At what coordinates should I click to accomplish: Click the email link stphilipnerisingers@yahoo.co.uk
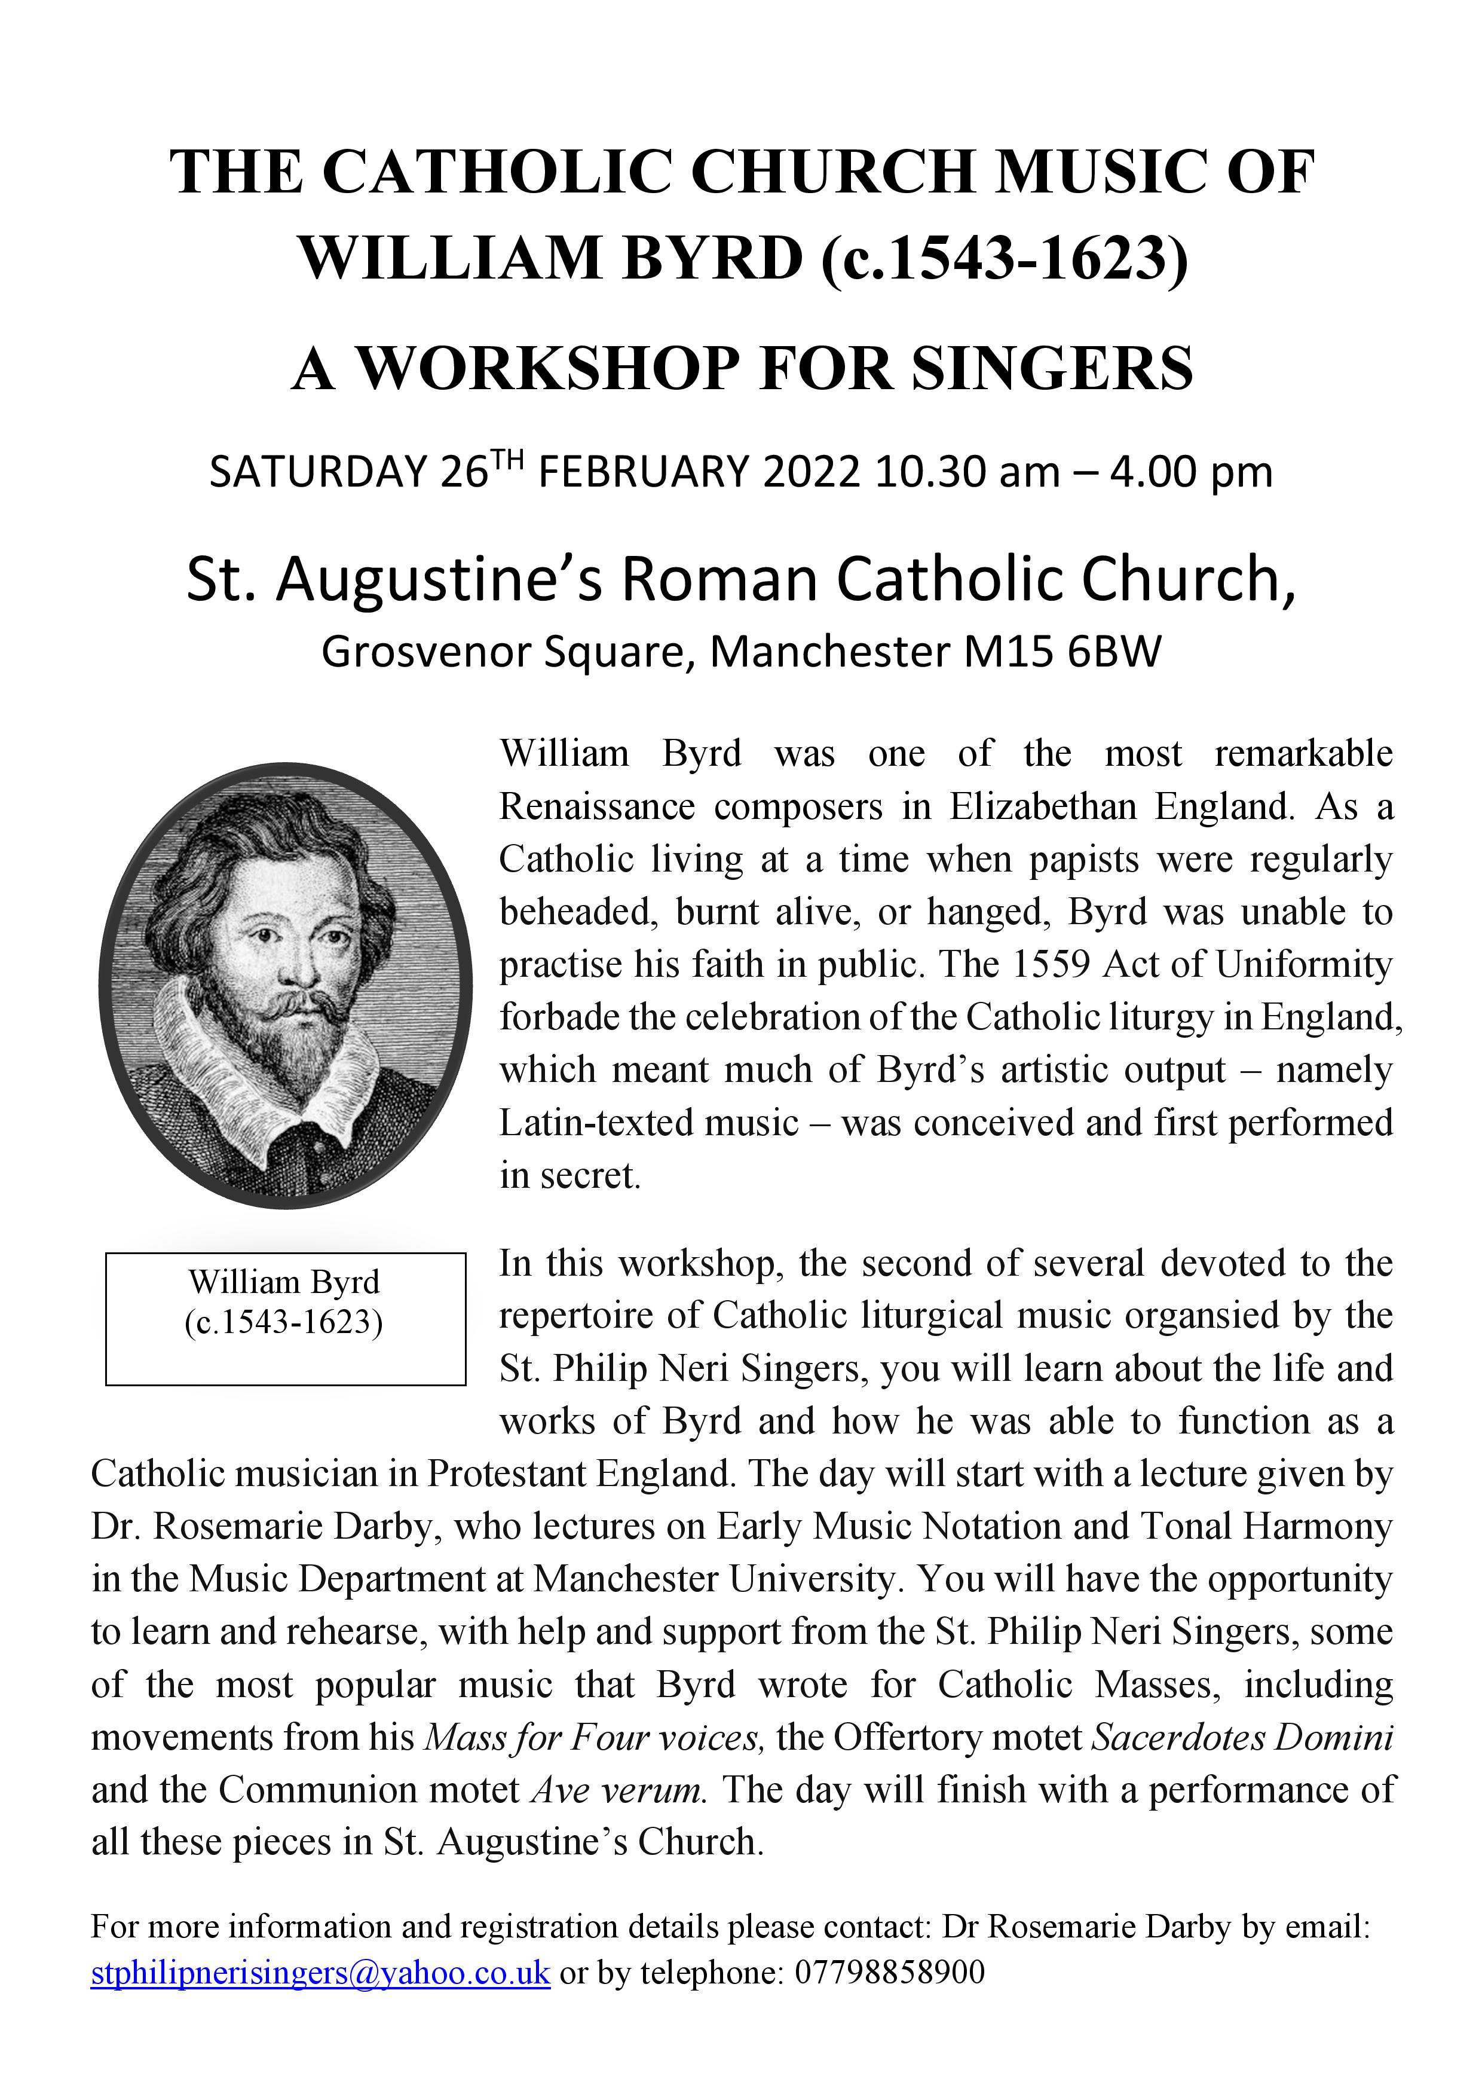320,1973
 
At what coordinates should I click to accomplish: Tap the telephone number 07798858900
889,1973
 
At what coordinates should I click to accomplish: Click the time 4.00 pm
1190,472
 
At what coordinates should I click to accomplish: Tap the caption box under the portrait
285,1318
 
